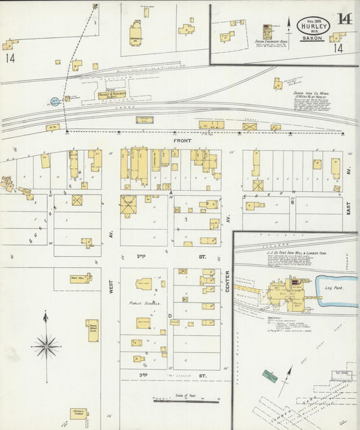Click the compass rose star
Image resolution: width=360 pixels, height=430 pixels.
point(47,345)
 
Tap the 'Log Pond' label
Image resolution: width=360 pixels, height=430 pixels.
point(336,288)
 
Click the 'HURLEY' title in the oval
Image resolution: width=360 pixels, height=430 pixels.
point(313,28)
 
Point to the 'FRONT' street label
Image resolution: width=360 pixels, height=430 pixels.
point(182,141)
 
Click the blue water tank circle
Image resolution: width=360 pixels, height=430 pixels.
point(55,101)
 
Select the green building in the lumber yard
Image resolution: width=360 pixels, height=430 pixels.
point(270,375)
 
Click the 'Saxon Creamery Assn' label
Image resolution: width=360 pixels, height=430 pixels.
point(271,41)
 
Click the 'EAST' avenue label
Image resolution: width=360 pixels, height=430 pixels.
point(349,210)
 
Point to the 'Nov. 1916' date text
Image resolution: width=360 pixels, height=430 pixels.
point(313,21)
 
